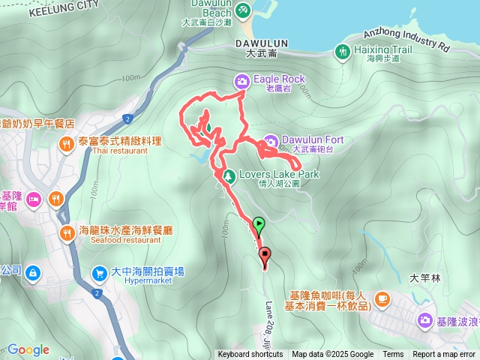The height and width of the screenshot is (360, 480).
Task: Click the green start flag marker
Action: pos(259,223)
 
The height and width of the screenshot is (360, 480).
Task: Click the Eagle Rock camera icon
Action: pos(241,82)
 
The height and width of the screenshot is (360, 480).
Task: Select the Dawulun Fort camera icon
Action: pos(271,140)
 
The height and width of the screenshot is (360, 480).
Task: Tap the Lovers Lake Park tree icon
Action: pos(229,175)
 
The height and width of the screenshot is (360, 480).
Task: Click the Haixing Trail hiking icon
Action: pos(342,51)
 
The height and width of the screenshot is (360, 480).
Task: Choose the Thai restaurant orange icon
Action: pos(66,142)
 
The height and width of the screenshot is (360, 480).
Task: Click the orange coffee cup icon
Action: pos(382,298)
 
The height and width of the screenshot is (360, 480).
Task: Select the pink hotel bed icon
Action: pos(33,199)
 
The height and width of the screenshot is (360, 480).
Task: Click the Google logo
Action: pos(28,349)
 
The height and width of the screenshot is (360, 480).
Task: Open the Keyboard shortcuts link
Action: pos(250,355)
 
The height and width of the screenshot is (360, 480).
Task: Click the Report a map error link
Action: pos(444,355)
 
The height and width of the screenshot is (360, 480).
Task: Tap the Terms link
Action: pos(393,355)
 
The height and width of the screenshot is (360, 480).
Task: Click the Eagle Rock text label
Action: pos(279,79)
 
